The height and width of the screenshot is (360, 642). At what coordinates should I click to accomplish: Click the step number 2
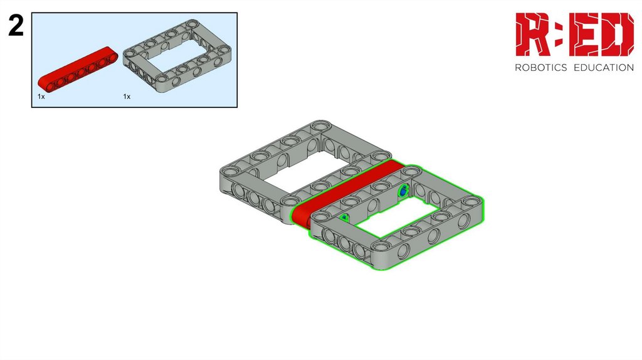[x=16, y=26]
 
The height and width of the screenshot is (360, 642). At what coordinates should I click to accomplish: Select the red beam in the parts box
[x=78, y=68]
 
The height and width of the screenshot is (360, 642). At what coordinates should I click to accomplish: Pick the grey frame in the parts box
[x=177, y=56]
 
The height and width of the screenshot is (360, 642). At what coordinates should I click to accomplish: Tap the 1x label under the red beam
[x=41, y=97]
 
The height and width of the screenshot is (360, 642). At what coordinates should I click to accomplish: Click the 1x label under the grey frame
[x=127, y=97]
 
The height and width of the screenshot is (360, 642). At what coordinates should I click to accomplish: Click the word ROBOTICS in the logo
[x=540, y=68]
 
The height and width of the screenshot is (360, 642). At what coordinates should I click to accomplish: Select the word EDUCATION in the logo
[x=604, y=68]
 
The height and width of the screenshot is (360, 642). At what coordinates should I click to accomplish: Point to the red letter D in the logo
[x=619, y=34]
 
